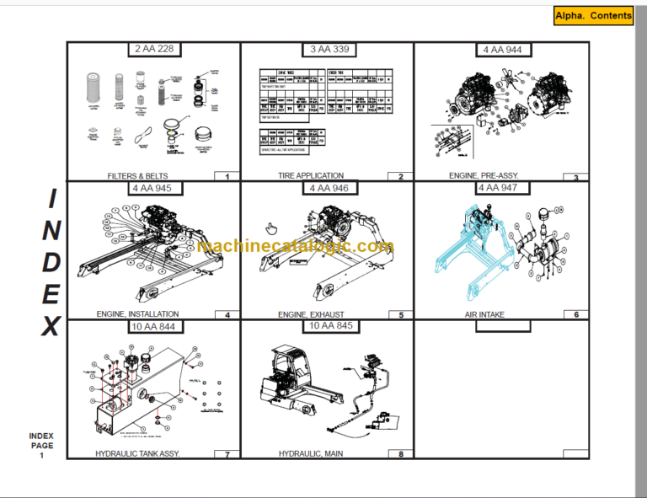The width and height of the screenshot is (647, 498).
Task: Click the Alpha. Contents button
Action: tap(593, 16)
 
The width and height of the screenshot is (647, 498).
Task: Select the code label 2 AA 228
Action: tap(154, 50)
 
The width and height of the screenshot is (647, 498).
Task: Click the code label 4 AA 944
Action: tap(502, 50)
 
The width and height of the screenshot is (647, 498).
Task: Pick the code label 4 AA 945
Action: tap(154, 188)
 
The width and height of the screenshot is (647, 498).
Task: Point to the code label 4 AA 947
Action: tap(497, 188)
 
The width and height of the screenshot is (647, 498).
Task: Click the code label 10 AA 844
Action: tap(152, 326)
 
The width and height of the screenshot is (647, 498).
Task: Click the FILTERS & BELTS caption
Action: tap(137, 177)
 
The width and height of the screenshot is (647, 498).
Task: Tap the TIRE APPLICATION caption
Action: tap(311, 177)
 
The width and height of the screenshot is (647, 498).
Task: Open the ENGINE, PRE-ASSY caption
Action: tap(484, 176)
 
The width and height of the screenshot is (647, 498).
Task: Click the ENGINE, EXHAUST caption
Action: tap(311, 314)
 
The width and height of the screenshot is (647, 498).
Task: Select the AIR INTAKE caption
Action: tap(484, 314)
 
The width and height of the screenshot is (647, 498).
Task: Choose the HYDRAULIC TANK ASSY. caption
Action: tap(137, 453)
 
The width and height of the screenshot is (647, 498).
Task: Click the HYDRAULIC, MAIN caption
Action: tap(311, 453)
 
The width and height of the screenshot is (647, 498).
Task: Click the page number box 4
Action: tap(227, 315)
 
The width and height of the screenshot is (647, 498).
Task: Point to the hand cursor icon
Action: tap(272, 228)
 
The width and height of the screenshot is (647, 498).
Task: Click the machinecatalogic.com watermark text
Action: tap(295, 247)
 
